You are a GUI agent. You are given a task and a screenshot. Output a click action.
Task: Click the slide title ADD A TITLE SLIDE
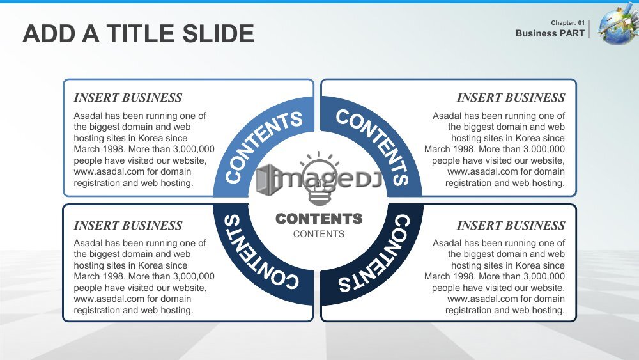pyautogui.click(x=139, y=33)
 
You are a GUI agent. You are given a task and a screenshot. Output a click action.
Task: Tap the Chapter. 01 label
pyautogui.click(x=567, y=23)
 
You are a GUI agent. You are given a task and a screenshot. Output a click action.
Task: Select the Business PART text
pyautogui.click(x=550, y=33)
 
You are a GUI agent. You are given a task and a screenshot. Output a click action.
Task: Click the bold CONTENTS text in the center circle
pyautogui.click(x=319, y=219)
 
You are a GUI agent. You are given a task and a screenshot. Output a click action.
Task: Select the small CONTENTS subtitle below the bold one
pyautogui.click(x=319, y=234)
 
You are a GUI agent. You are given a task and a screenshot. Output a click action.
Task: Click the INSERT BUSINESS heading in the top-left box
pyautogui.click(x=128, y=98)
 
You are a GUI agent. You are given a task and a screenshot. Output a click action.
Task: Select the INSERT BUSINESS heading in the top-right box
pyautogui.click(x=511, y=98)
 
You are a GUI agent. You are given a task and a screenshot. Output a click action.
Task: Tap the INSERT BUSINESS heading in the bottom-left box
pyautogui.click(x=128, y=226)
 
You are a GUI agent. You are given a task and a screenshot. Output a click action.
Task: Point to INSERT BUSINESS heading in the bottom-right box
pyautogui.click(x=511, y=226)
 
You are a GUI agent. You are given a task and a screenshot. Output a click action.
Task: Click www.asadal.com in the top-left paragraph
pyautogui.click(x=109, y=171)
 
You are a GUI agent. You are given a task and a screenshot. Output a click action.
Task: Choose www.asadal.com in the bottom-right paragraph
pyautogui.click(x=482, y=299)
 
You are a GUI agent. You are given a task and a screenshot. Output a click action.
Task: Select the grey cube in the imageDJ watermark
pyautogui.click(x=269, y=180)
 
